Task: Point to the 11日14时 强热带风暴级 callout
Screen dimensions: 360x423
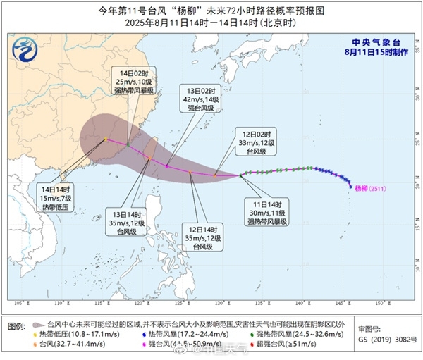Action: [x=266, y=208]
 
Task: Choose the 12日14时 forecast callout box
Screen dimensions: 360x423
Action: [x=203, y=237]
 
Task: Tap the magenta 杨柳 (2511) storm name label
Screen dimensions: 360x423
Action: [x=372, y=188]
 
